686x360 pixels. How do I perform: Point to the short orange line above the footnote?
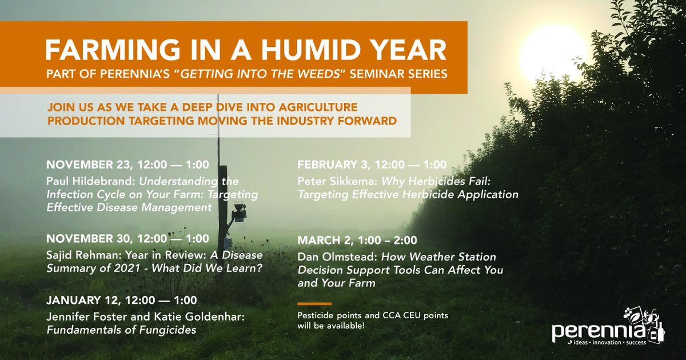[314, 304]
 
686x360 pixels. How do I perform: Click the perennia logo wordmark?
[598, 331]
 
